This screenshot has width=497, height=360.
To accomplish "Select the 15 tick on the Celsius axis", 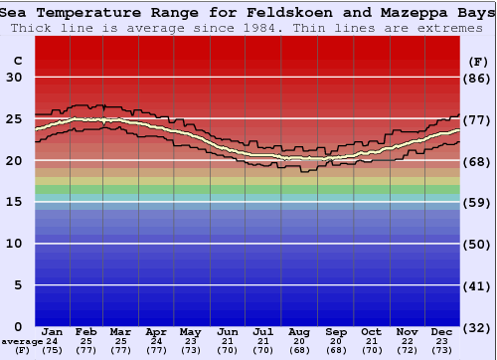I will [x=14, y=202].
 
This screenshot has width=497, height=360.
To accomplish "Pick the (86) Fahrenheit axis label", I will [x=477, y=78].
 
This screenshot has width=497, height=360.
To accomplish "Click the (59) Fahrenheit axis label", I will [x=477, y=202].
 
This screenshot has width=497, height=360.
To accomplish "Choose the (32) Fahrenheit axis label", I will [x=477, y=326].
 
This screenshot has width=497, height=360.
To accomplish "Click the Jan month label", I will [x=53, y=331].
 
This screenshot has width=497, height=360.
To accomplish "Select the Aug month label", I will [x=299, y=331].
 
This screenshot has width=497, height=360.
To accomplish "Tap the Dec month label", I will [x=441, y=331].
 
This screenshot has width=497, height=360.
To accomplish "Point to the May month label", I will [x=189, y=331].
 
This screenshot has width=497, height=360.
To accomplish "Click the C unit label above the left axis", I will [x=17, y=61].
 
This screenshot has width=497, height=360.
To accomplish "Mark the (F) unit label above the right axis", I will [x=477, y=61].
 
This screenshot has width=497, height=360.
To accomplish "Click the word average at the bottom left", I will [x=22, y=341].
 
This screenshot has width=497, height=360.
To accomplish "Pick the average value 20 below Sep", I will [x=336, y=341].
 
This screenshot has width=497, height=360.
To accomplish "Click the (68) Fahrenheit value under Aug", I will [x=299, y=350].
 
